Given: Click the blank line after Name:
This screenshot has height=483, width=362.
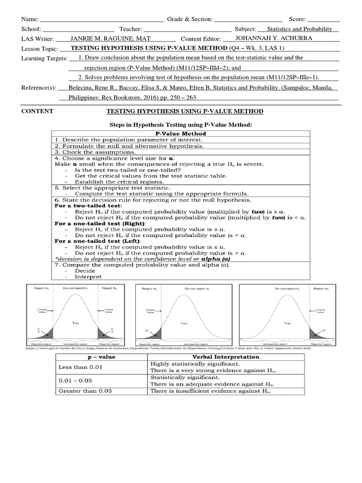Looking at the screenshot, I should [102, 20].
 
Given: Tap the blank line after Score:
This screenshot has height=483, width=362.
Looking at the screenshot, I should [323, 20].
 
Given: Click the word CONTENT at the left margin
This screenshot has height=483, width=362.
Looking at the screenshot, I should [38, 111].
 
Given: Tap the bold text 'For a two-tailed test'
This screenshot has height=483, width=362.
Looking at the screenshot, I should [88, 206].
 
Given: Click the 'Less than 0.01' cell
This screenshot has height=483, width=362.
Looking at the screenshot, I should [80, 367].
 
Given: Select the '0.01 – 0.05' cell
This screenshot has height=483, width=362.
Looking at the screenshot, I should [78, 381].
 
